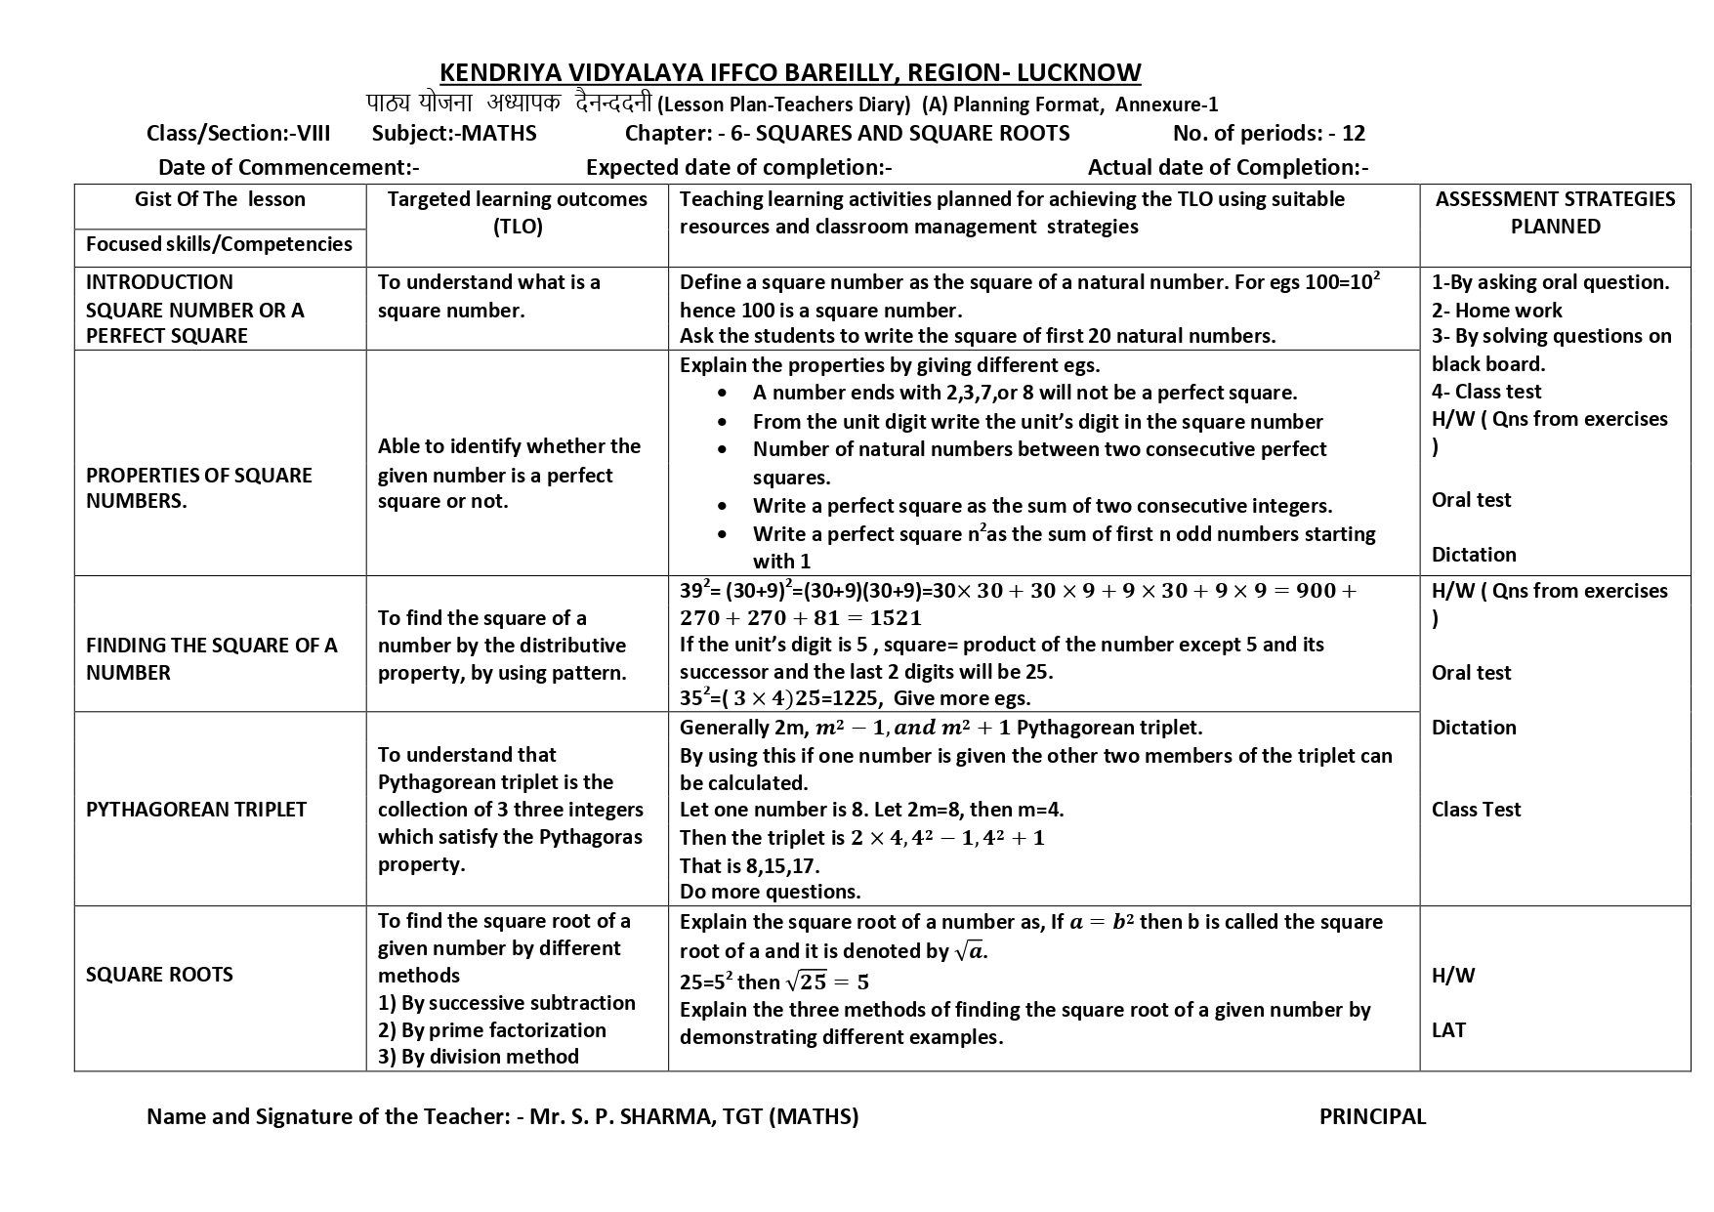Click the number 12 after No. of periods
coord(1354,134)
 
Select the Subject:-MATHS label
coord(454,134)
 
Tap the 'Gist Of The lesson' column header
coord(220,200)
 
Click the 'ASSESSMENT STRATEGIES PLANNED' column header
coord(1555,213)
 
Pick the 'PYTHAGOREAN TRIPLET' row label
coord(196,810)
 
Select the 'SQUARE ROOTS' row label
coord(159,975)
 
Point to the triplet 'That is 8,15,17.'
coord(749,866)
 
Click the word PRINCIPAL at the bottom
coord(1372,1117)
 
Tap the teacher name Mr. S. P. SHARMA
coord(621,1117)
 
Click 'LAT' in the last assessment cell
coord(1448,1030)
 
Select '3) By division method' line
coord(479,1057)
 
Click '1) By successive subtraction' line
coord(506,1003)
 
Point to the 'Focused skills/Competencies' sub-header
coord(219,245)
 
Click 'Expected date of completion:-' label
coord(738,168)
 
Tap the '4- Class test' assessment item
coord(1485,392)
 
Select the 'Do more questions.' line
coord(770,892)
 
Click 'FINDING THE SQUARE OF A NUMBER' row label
coord(211,659)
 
